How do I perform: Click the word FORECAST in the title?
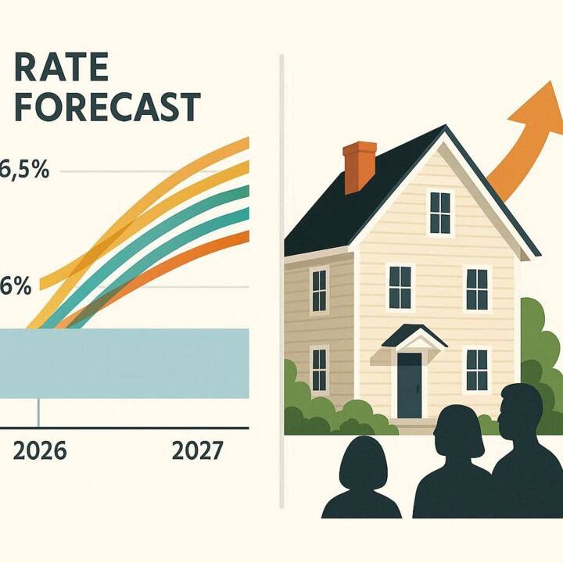tap(106, 106)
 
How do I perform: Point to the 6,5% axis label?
tap(25, 169)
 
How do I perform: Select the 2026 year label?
tap(40, 451)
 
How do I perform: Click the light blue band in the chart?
tap(125, 364)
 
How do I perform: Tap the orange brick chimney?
tap(360, 167)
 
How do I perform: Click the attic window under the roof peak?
tap(441, 212)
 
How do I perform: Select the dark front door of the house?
tap(409, 385)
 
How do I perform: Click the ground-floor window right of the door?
tap(476, 371)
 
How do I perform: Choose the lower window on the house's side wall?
tap(319, 370)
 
